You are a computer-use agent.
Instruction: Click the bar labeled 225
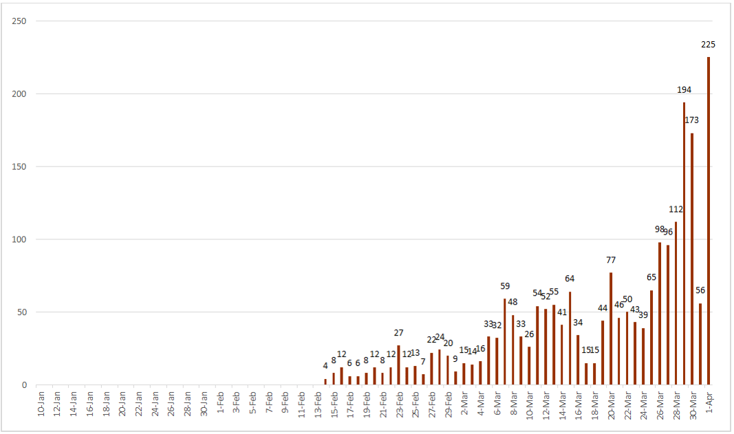click(709, 221)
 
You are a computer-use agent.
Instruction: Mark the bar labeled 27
click(398, 365)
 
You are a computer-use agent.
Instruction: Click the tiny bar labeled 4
click(325, 382)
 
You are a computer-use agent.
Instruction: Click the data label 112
click(676, 209)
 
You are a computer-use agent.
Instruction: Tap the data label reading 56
click(700, 290)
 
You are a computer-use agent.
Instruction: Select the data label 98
click(660, 229)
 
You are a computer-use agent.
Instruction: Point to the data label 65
click(651, 277)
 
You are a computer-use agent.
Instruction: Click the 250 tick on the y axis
click(19, 21)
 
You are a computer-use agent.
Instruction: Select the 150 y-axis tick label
click(19, 167)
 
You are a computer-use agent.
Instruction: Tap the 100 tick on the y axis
click(19, 240)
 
